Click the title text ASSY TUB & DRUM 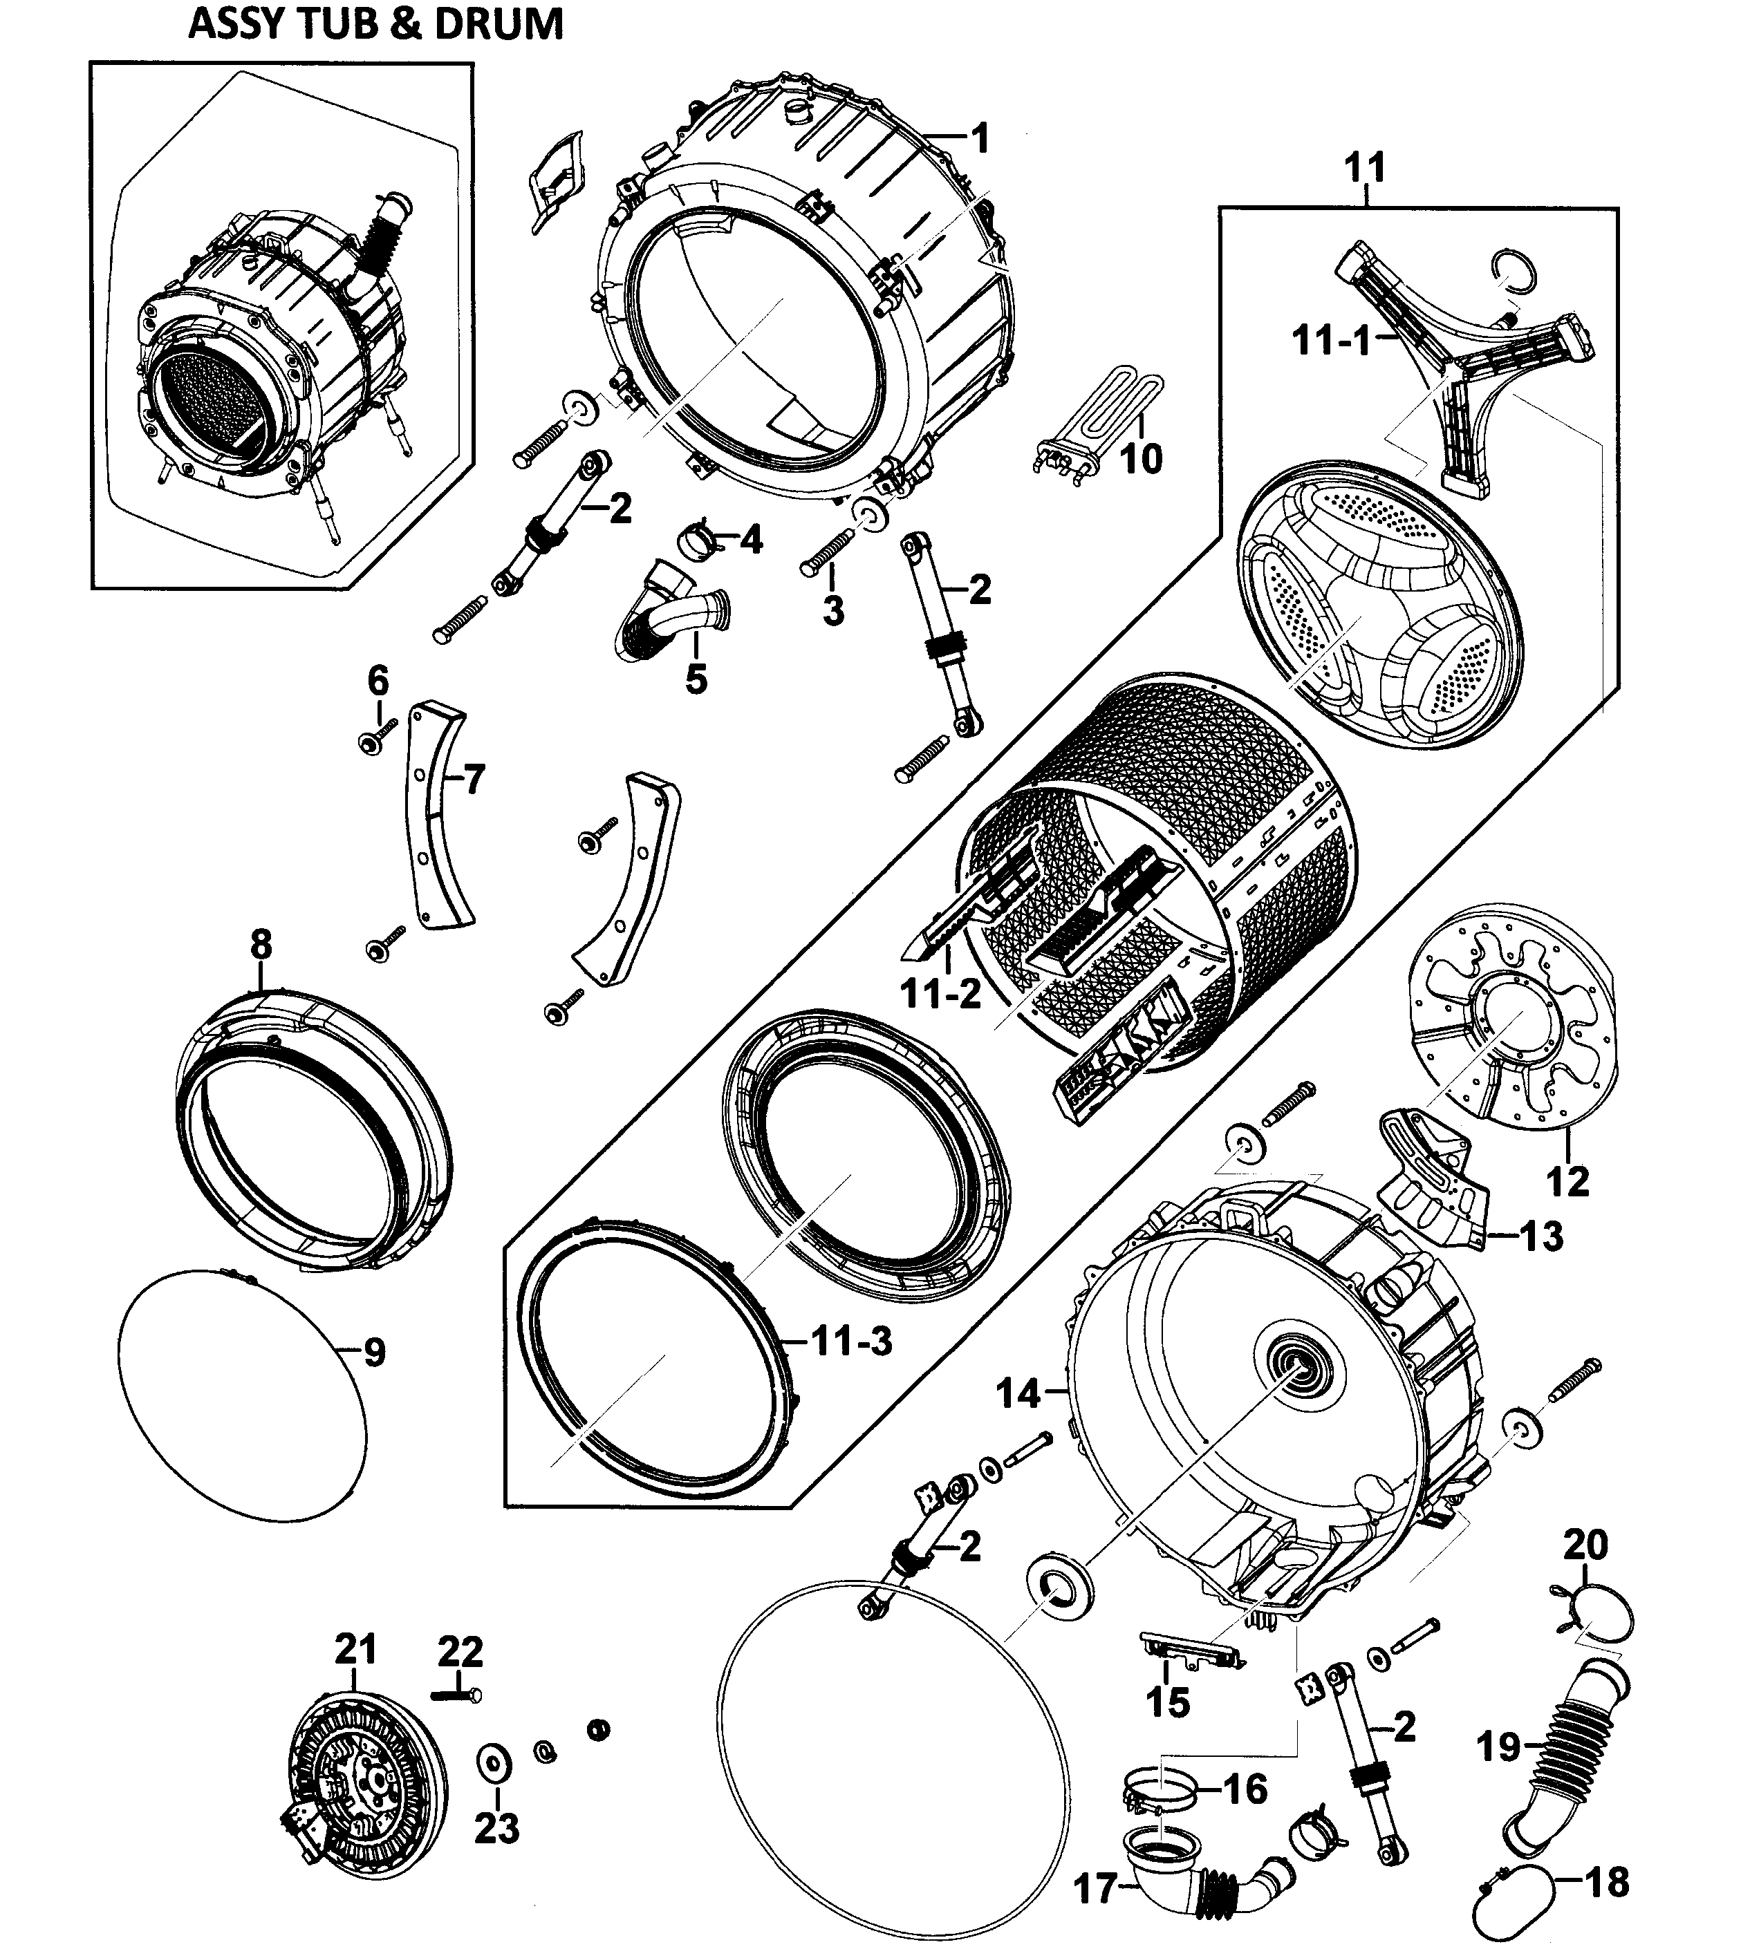pos(375,24)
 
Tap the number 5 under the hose pos(696,679)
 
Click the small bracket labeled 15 pos(1188,1648)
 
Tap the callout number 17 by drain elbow pos(1095,1888)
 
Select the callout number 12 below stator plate pos(1567,1181)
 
